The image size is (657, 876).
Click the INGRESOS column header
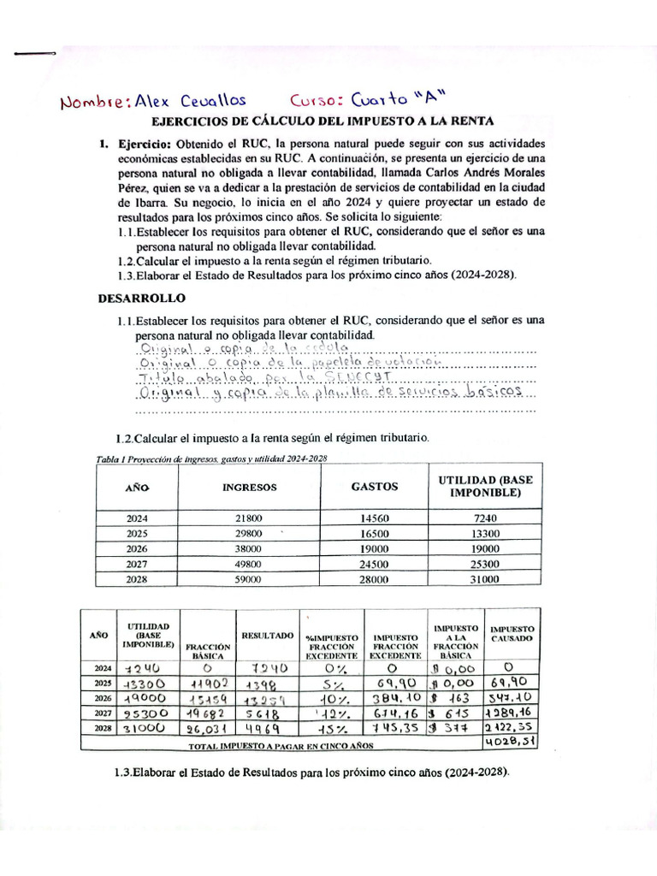click(x=250, y=488)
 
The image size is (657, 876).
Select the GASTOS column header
click(x=375, y=487)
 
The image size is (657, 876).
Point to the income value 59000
click(x=249, y=579)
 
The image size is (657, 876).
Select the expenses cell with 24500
click(x=374, y=564)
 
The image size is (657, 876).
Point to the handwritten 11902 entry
click(x=208, y=684)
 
